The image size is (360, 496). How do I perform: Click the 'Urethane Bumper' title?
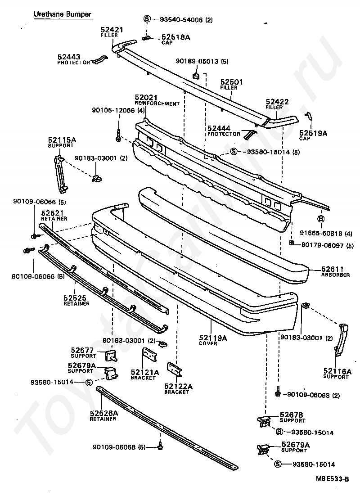(63, 14)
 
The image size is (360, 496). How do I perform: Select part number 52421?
(109, 30)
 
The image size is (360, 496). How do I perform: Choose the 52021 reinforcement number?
(146, 98)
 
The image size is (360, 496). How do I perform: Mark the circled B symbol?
(321, 219)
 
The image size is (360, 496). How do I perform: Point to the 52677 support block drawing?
(110, 356)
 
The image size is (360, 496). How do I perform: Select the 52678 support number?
(292, 415)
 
